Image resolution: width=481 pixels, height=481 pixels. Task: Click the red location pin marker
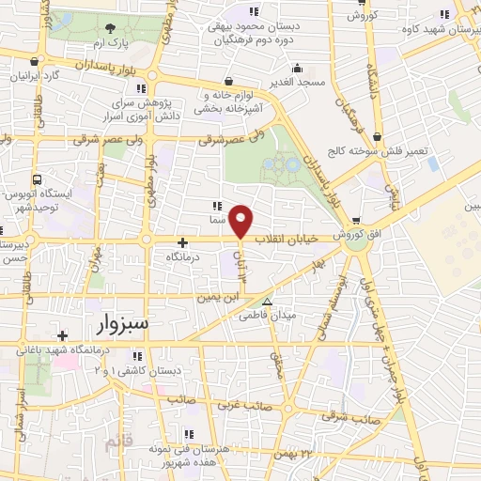click(242, 221)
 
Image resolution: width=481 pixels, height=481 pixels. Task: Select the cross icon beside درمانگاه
click(182, 242)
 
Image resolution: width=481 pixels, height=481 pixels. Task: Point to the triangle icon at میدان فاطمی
click(267, 303)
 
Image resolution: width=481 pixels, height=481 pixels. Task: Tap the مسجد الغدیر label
click(297, 83)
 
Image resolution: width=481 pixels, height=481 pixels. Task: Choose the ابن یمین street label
click(218, 297)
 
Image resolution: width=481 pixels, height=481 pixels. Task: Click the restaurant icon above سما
click(217, 205)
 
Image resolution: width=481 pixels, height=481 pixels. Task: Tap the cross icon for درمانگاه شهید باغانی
click(62, 335)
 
